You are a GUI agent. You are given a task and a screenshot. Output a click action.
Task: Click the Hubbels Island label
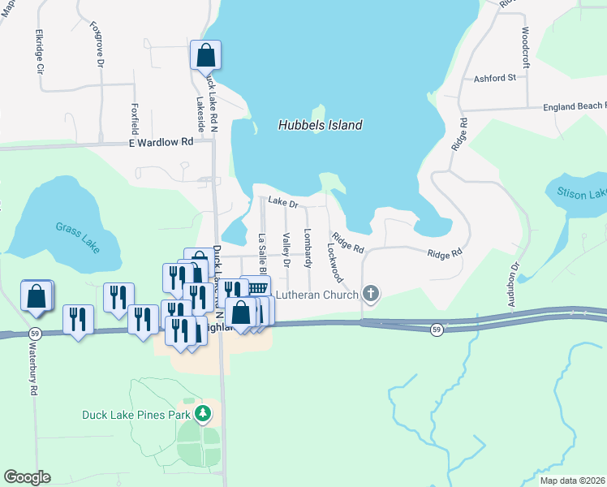tap(320, 126)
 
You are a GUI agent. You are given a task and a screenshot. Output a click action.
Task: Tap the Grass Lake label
tap(78, 237)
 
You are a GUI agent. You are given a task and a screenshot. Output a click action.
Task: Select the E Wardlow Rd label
tap(161, 141)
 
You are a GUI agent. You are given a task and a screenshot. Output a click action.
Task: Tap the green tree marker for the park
tap(203, 415)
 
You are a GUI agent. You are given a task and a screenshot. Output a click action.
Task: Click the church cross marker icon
tap(371, 293)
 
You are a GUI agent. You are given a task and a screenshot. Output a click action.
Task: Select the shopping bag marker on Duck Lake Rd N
tap(206, 55)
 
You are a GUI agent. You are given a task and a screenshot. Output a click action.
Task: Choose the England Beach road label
tap(572, 106)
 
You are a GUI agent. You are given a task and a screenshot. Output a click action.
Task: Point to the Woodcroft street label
tap(525, 46)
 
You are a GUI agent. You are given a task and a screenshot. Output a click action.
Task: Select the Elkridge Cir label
tap(38, 53)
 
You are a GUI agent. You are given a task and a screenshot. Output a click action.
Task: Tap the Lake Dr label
tap(283, 204)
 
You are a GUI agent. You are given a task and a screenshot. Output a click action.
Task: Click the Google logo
tap(27, 477)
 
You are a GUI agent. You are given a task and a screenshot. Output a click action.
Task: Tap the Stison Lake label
tap(582, 193)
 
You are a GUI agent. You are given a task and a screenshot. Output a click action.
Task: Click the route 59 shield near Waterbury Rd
tap(35, 333)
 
